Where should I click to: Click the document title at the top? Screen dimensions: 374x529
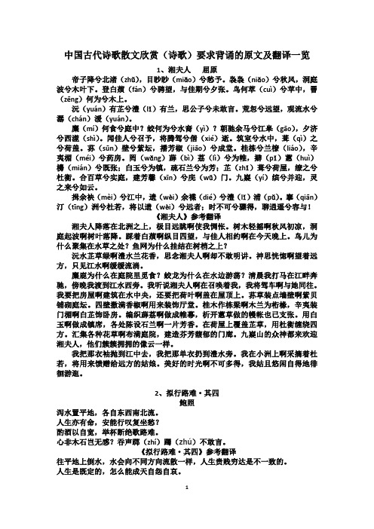click(186, 55)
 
